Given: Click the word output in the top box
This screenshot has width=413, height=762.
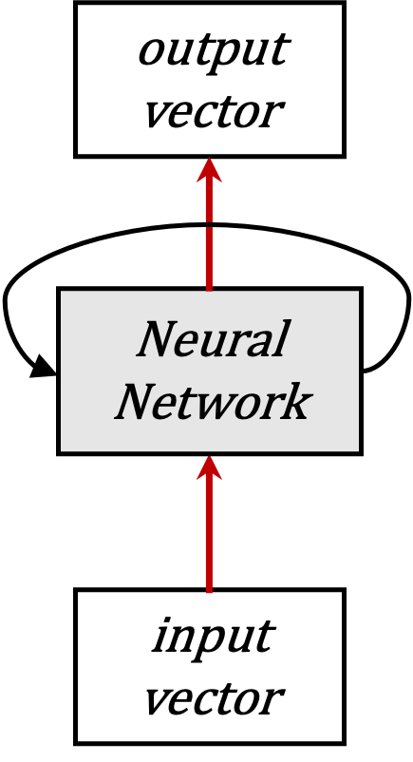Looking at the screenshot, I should pos(212,50).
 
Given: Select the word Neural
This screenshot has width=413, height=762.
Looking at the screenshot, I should pos(212,340).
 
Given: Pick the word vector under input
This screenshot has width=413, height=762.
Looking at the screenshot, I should pos(212,698).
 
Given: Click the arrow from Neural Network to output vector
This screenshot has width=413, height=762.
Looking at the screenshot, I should pos(209,238).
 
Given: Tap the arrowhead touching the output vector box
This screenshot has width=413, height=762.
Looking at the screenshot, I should pos(209,171).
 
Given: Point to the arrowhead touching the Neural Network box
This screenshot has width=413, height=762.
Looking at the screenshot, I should pos(209,467).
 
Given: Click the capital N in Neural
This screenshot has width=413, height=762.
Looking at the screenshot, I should pos(158,339).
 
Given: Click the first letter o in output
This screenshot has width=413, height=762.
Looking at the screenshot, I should pos(151,52).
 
